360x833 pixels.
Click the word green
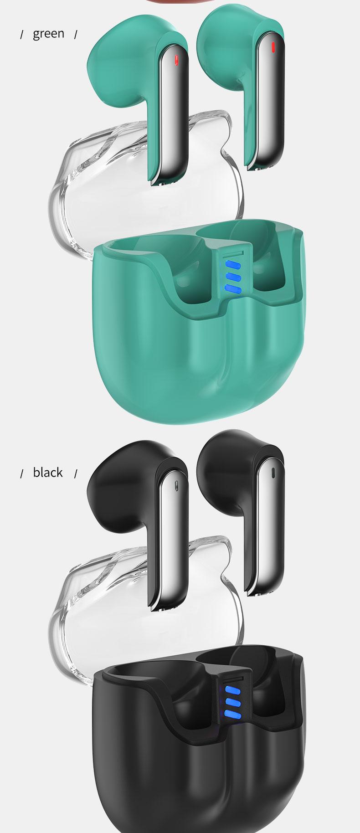[x=49, y=34]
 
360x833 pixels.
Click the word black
[x=48, y=472]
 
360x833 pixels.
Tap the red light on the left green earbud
[x=177, y=59]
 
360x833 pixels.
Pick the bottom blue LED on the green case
[x=232, y=288]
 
